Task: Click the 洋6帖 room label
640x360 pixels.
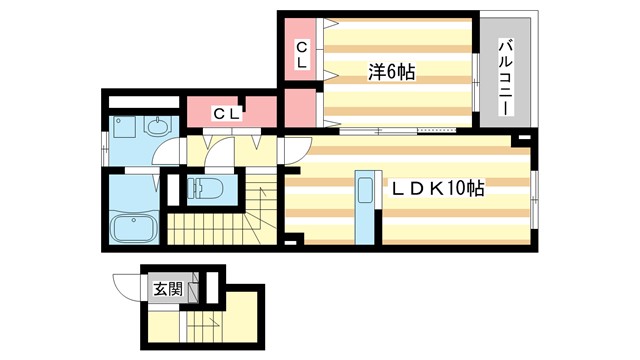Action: pos(391,71)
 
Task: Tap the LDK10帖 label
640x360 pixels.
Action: pos(437,188)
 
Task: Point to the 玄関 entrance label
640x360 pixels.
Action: pos(167,290)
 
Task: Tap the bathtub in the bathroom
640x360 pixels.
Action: pos(133,228)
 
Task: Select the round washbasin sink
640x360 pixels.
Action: pos(158,127)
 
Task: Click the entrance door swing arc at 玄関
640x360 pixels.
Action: pos(127,286)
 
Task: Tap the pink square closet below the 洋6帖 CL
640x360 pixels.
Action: pos(298,107)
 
